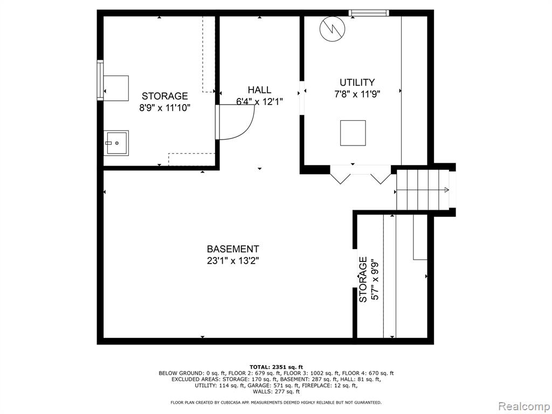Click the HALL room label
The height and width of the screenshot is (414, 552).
click(259, 90)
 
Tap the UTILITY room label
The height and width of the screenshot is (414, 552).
click(357, 82)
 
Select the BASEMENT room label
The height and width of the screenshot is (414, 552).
click(233, 249)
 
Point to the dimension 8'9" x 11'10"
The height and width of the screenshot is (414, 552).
click(165, 107)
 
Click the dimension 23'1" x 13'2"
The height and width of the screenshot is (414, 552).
click(233, 261)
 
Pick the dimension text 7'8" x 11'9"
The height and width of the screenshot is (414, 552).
click(357, 94)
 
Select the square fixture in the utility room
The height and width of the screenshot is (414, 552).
click(353, 133)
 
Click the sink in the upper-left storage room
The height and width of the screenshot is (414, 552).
click(116, 143)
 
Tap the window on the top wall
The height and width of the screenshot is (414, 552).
click(369, 13)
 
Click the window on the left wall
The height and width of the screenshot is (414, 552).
click(100, 80)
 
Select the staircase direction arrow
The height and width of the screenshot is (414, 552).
click(422, 190)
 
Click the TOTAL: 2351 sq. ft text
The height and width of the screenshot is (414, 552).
click(276, 367)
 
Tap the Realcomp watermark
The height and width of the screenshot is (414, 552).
click(523, 406)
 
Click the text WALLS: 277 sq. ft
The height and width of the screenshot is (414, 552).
click(276, 391)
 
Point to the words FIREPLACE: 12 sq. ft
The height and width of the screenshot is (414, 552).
click(332, 385)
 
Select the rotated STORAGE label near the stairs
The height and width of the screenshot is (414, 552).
click(363, 280)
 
